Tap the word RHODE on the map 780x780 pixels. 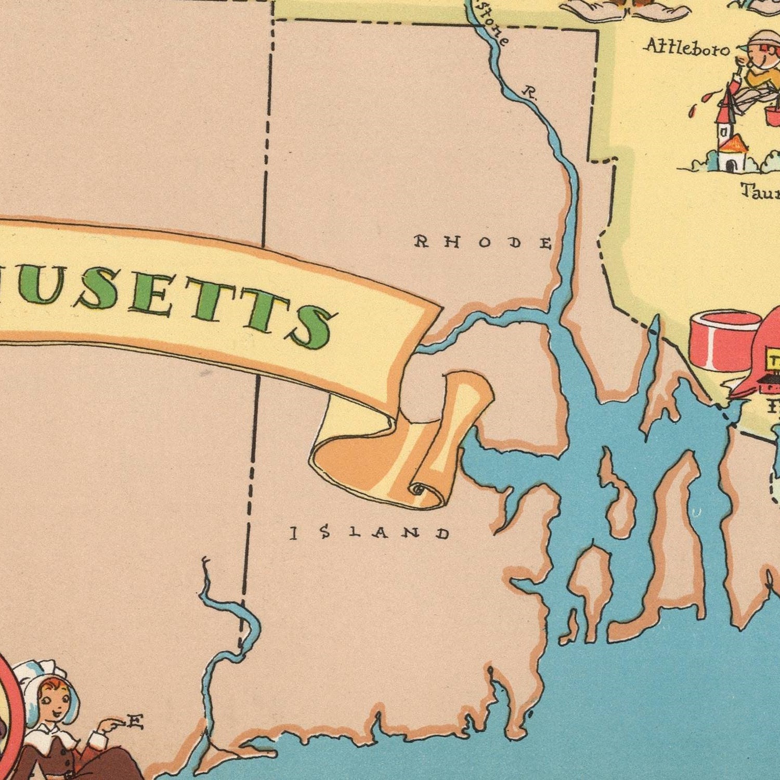click(x=483, y=242)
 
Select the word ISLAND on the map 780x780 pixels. click(x=370, y=532)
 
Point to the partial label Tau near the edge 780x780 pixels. click(x=760, y=192)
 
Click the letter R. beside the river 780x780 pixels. click(x=529, y=94)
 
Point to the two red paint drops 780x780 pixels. click(x=697, y=104)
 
